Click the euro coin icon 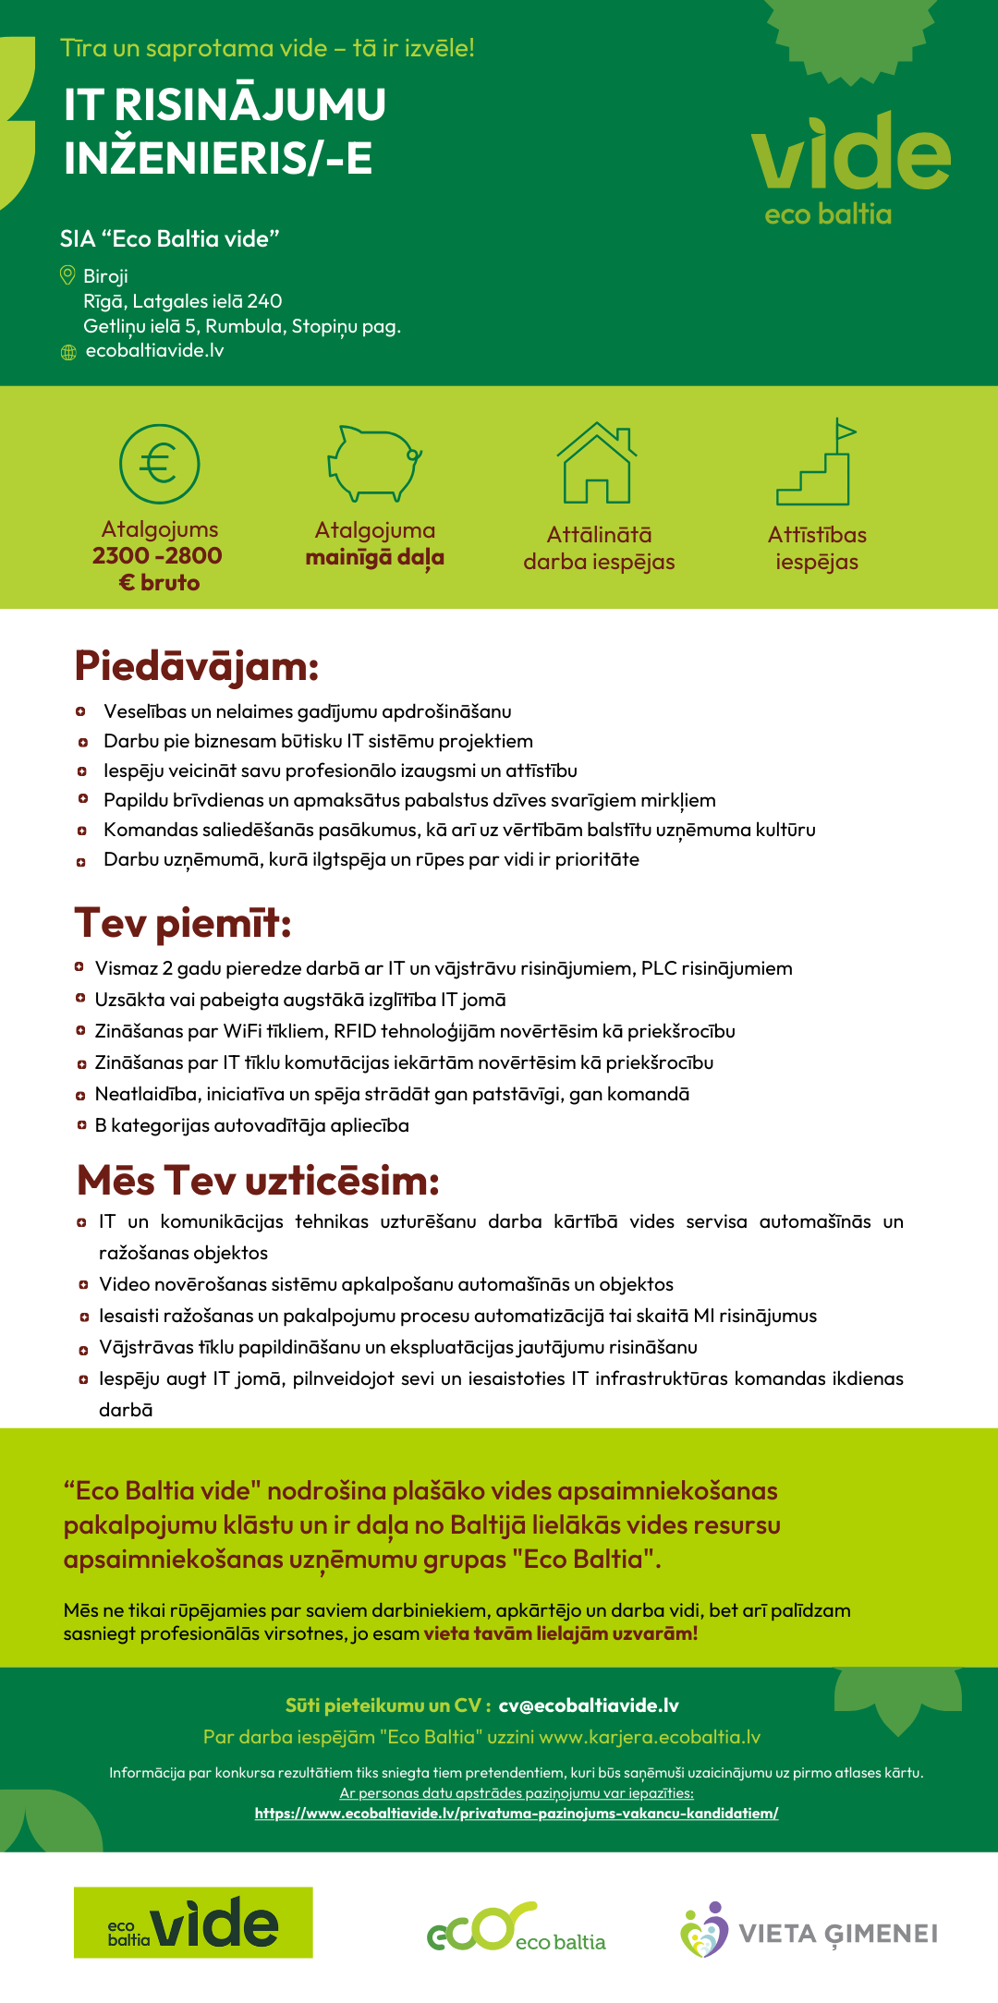point(159,463)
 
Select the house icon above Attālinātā point(597,463)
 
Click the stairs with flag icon point(815,463)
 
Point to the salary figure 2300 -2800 point(157,555)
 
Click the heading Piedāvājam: point(197,666)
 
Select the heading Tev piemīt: point(183,923)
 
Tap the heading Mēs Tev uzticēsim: point(258,1180)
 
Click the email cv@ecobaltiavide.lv point(589,1706)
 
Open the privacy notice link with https point(517,1814)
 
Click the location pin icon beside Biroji point(67,275)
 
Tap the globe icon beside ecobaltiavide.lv point(68,352)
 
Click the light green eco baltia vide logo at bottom point(193,1923)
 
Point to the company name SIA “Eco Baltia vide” point(170,238)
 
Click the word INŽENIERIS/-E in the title point(218,158)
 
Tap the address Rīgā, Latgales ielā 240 point(183,301)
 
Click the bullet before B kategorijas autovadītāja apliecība point(81,1125)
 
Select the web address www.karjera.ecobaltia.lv point(650,1737)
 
